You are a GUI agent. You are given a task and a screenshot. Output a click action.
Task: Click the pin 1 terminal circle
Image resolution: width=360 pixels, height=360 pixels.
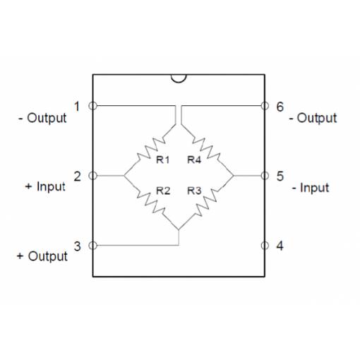pos(92,106)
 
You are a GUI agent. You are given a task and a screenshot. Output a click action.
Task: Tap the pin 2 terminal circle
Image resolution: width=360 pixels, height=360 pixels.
pos(92,176)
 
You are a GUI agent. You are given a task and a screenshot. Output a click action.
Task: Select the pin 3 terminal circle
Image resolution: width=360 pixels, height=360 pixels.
pos(92,246)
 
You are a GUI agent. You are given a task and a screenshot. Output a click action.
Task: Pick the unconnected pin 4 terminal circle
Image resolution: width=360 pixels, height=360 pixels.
pos(265,246)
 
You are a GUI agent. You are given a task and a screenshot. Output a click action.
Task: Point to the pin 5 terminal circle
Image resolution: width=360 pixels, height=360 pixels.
pos(265,176)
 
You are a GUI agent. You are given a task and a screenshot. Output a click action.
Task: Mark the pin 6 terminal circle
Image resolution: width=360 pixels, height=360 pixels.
pos(265,106)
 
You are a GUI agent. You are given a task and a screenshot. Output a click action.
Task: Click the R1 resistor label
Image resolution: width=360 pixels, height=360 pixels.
pos(163,160)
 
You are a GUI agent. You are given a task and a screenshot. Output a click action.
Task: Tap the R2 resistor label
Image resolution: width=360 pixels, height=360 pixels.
pos(163,191)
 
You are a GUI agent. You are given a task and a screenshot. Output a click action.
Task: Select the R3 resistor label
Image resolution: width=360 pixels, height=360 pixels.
pos(194,191)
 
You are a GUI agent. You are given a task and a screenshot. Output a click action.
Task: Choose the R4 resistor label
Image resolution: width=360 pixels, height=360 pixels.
pos(194,160)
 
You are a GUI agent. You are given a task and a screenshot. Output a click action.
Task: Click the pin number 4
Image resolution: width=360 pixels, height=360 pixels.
pos(280,246)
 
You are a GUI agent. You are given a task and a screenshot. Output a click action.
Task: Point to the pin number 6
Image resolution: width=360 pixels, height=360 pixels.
pos(280,107)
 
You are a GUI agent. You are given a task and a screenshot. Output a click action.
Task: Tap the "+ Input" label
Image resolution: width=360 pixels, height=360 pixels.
pos(45,186)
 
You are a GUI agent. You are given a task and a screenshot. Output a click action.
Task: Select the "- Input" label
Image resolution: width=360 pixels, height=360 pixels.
pos(311,188)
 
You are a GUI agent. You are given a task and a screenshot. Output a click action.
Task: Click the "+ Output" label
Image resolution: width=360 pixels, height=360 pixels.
pos(42,256)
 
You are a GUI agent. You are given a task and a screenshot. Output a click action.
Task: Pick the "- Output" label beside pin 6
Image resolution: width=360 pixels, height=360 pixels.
pos(313,118)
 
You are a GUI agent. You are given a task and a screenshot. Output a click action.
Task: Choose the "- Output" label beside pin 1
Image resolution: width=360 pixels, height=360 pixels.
pos(42,118)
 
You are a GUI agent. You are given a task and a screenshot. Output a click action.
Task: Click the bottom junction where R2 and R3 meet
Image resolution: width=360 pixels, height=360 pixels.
pos(179,229)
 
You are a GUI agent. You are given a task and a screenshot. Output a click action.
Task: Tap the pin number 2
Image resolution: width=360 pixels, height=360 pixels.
pos(78,176)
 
